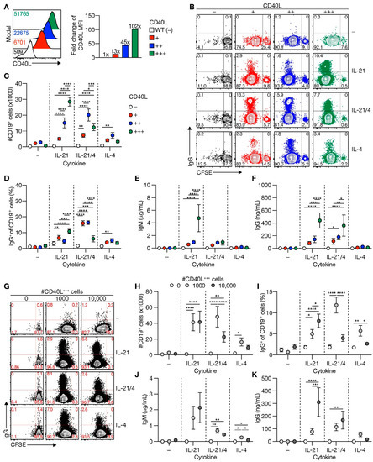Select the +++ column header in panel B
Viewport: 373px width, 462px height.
coord(328,15)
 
